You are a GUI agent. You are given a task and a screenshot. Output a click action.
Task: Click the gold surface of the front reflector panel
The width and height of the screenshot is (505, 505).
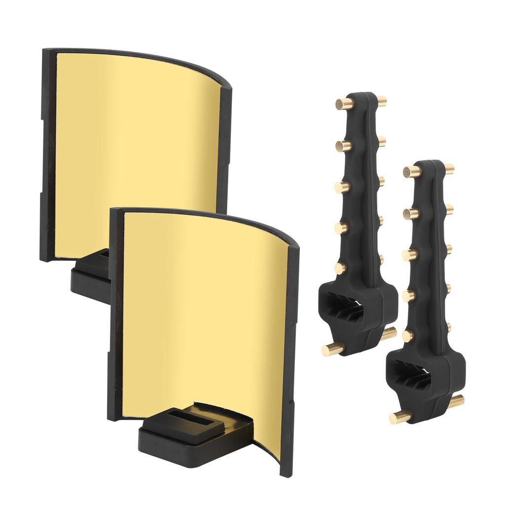[x=207, y=316]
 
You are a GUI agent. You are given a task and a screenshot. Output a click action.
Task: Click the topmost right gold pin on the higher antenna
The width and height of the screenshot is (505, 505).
[x=381, y=101]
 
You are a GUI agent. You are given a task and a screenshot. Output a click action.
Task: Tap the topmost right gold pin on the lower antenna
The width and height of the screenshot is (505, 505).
[x=449, y=168]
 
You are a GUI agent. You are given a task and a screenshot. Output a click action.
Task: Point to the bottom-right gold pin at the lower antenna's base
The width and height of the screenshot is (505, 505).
[x=457, y=400]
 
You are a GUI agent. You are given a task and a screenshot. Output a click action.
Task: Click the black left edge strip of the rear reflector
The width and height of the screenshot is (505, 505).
[x=47, y=153]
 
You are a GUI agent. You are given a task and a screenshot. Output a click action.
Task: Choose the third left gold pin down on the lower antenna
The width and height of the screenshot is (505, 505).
[x=408, y=254]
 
